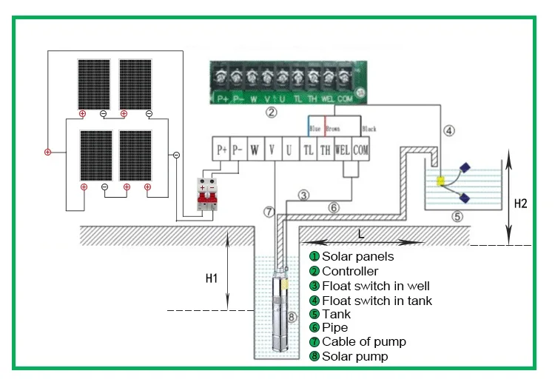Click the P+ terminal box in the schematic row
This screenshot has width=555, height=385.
[221, 149]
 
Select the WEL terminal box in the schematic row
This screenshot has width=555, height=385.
[342, 149]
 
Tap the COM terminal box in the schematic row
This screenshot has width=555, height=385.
[360, 149]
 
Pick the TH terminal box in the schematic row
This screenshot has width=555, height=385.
[324, 149]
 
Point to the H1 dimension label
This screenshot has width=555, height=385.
[211, 278]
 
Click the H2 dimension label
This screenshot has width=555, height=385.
[519, 202]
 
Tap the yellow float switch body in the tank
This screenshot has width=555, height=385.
[440, 181]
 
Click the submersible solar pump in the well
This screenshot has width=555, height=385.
[282, 315]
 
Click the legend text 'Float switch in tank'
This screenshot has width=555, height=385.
[377, 301]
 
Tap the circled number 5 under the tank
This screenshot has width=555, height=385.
[457, 216]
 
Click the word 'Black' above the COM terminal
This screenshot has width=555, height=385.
[369, 129]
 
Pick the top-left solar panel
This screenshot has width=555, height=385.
[94, 83]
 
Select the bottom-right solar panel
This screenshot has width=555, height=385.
[136, 155]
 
